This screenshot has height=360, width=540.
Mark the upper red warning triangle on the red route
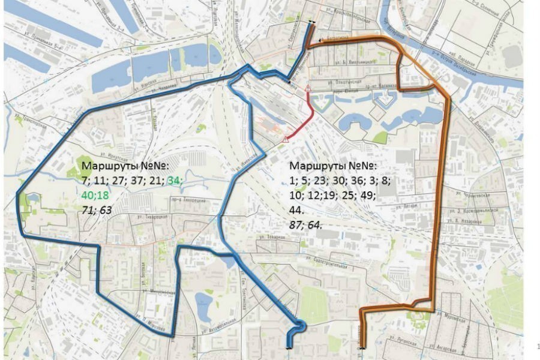(x=308, y=89)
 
